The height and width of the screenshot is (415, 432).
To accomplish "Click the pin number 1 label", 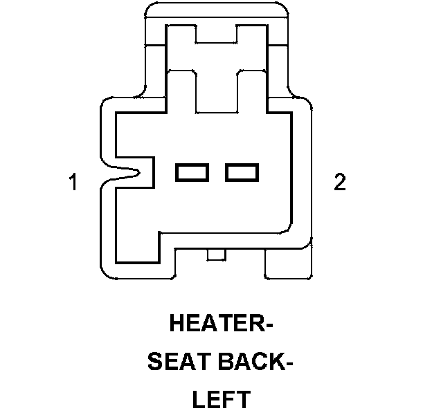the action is pyautogui.click(x=73, y=183).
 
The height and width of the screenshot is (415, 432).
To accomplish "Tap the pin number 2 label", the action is pyautogui.click(x=339, y=183).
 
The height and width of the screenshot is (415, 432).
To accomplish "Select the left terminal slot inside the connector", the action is pyautogui.click(x=192, y=172).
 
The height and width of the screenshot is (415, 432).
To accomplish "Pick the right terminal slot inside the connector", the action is pyautogui.click(x=242, y=172).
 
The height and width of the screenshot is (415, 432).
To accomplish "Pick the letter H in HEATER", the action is pyautogui.click(x=178, y=324).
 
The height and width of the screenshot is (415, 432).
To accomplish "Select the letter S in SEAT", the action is pyautogui.click(x=156, y=362).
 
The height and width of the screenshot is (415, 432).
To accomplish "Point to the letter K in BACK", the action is pyautogui.click(x=275, y=362).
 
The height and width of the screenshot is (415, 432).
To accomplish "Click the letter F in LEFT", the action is pyautogui.click(x=227, y=400).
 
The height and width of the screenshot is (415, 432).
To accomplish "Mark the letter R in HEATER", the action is pyautogui.click(x=254, y=324).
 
